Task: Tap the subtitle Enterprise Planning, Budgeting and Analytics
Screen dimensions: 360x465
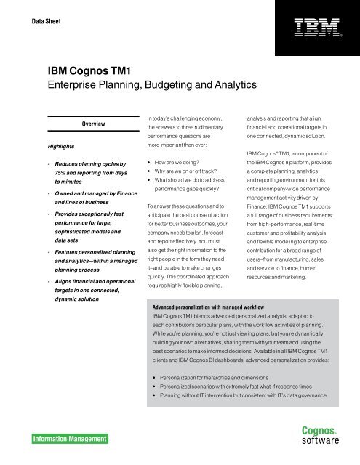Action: coord(152,85)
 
